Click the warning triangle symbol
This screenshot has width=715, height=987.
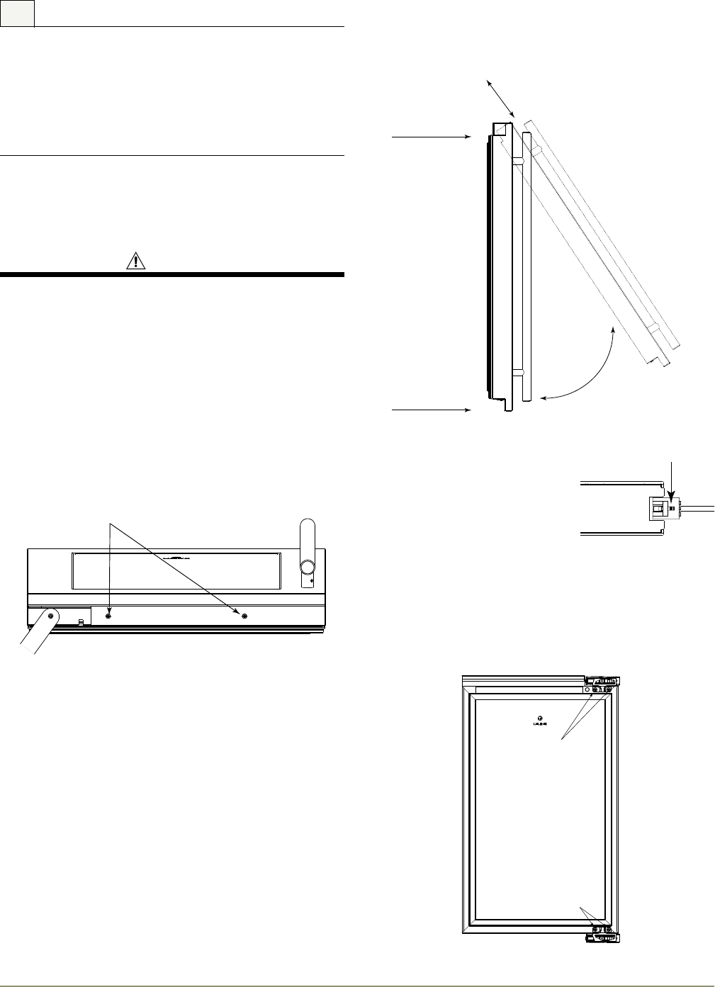(x=134, y=261)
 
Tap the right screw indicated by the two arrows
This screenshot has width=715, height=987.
(x=245, y=616)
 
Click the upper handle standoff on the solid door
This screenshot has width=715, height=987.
(x=517, y=162)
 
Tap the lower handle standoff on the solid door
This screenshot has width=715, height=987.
(x=517, y=372)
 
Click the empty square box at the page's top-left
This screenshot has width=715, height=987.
(x=17, y=13)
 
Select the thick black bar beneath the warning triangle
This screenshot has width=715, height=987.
(x=171, y=274)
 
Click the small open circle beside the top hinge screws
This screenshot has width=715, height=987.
(x=587, y=689)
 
